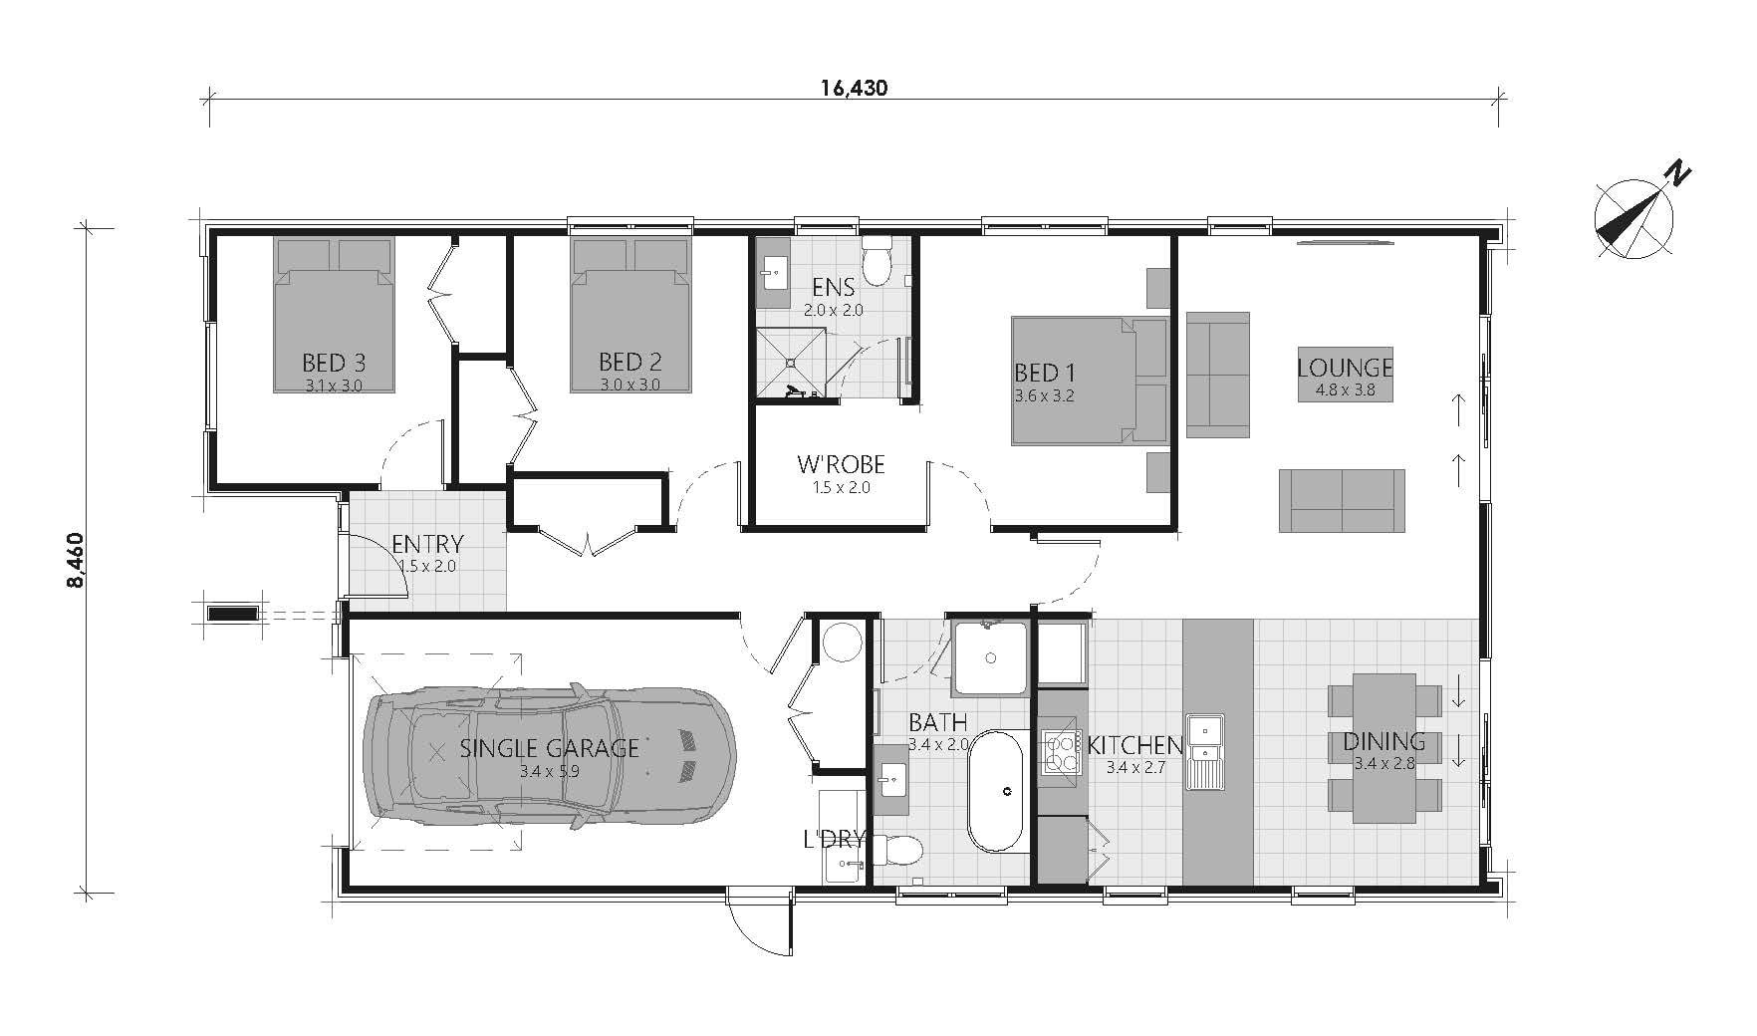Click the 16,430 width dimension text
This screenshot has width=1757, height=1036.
point(854,88)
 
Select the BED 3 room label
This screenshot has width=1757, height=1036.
point(334,362)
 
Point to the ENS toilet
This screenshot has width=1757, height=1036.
point(878,261)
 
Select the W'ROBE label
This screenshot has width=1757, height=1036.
point(841,464)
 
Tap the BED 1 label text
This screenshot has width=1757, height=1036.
point(1044,374)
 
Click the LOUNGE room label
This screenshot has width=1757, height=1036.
point(1345,368)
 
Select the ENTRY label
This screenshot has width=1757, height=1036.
point(427,545)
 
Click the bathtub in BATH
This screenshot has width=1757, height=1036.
point(997,792)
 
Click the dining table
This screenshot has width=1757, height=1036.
point(1383,748)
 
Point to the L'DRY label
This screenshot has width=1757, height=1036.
point(834,839)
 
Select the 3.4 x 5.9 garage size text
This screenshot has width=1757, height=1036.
point(549,771)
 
